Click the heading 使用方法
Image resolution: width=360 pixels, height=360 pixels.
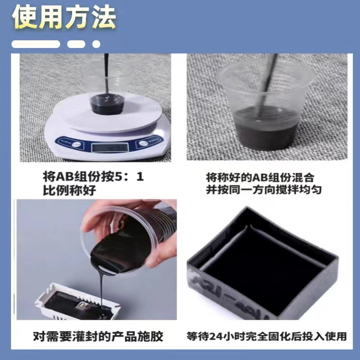click(x=64, y=17)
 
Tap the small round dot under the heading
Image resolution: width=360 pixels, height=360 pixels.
click(x=96, y=44)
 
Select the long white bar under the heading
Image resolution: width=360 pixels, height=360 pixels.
click(x=36, y=44)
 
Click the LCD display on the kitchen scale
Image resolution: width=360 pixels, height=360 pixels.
click(x=109, y=148)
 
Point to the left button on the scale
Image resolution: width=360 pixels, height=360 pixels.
click(x=75, y=144)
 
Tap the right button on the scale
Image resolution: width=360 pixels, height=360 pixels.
click(x=144, y=144)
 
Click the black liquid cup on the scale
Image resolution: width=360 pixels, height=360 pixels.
click(x=107, y=104)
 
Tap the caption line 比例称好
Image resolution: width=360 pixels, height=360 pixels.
click(x=69, y=190)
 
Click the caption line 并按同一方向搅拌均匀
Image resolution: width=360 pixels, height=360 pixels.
click(x=264, y=190)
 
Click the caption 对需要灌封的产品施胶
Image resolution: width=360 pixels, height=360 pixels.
click(x=98, y=336)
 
